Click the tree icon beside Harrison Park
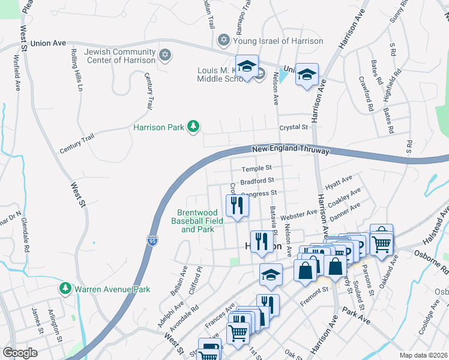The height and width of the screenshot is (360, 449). (193, 127)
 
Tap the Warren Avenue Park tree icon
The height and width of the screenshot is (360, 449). (65, 289)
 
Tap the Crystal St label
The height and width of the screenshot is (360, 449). (293, 127)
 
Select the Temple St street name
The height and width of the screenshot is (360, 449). (257, 169)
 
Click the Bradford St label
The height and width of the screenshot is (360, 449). (257, 181)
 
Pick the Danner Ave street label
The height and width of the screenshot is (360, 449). (345, 210)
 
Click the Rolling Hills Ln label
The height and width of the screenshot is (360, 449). (77, 70)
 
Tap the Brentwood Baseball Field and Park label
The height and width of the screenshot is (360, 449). (197, 221)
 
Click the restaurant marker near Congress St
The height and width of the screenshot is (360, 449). (237, 206)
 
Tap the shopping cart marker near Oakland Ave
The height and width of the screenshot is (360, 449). (381, 242)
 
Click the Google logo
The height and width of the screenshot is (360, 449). (20, 353)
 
